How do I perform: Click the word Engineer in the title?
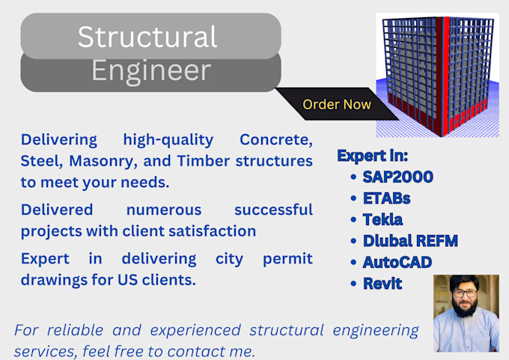(x=150, y=71)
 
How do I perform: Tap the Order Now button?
(x=336, y=105)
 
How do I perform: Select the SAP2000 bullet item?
(x=398, y=177)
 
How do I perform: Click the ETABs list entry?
(x=388, y=199)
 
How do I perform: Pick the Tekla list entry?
(x=382, y=220)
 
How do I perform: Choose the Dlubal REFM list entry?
(x=409, y=241)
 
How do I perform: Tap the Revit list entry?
(x=382, y=284)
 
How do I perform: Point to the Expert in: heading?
(x=372, y=156)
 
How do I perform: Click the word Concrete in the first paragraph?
(x=275, y=140)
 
